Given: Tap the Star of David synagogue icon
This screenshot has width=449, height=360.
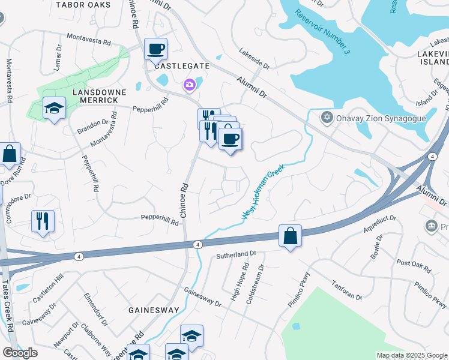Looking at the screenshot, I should tap(327, 117).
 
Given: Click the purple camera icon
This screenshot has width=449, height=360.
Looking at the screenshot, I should tap(190, 85).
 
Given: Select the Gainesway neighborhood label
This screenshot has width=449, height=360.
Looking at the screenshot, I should tap(154, 310).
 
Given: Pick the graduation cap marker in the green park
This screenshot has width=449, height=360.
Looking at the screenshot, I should tap(55, 108).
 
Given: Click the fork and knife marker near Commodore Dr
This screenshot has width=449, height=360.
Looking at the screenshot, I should tap(43, 220).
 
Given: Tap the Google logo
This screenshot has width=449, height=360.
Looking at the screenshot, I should tap(19, 353).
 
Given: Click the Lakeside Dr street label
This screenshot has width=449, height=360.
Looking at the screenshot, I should tap(255, 59).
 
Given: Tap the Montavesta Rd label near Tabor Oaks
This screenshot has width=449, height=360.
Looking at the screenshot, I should tap(89, 41).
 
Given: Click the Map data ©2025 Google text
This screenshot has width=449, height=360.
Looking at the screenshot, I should tap(412, 355).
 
